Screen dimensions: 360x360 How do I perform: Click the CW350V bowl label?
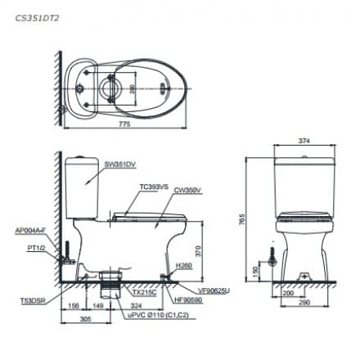[x=187, y=191]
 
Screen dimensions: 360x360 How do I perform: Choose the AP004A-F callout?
[x=29, y=232]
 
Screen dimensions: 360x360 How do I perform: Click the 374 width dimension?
[x=304, y=141]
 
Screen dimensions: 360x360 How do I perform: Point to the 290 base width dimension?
[x=304, y=304]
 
